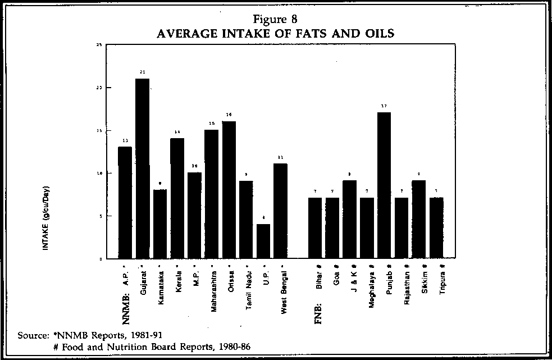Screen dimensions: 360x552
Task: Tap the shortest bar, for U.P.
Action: pyautogui.click(x=263, y=241)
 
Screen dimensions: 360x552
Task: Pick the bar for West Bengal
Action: pyautogui.click(x=280, y=211)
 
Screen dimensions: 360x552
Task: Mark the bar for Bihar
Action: pyautogui.click(x=314, y=228)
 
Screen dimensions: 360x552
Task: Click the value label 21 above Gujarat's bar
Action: pyautogui.click(x=142, y=72)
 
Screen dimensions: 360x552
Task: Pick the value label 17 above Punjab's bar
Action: pyautogui.click(x=384, y=106)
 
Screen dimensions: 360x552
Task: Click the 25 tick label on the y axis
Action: pyautogui.click(x=99, y=44)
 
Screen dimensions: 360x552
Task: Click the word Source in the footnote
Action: pyautogui.click(x=31, y=335)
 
